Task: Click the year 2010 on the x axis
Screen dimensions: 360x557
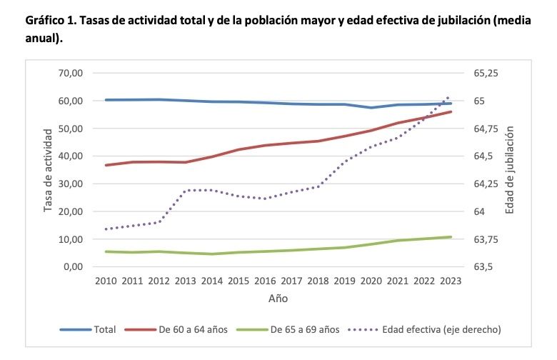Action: click(106, 281)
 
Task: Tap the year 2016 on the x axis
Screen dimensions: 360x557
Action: click(265, 281)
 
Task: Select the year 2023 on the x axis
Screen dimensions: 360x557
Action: click(451, 281)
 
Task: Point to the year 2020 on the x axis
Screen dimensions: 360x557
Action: click(371, 281)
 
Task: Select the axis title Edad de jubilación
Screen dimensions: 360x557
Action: click(510, 170)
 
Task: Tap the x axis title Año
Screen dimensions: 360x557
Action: click(278, 298)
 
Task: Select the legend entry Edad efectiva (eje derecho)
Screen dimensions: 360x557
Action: click(441, 329)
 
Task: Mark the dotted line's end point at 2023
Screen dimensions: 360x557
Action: click(448, 96)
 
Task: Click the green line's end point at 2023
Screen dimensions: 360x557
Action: click(451, 236)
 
